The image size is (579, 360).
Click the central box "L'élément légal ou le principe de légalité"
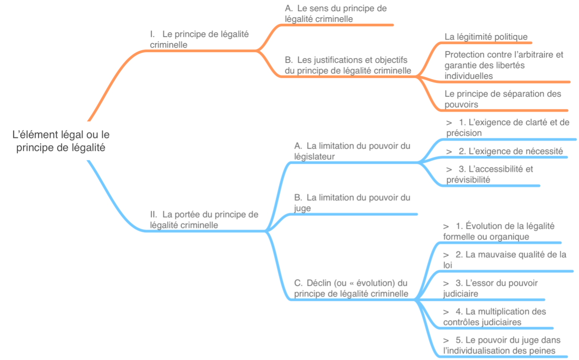(x=61, y=141)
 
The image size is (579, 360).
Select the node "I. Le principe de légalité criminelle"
(x=199, y=40)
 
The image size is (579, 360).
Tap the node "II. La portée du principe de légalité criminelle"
(x=204, y=220)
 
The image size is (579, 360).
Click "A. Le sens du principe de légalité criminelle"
(x=336, y=14)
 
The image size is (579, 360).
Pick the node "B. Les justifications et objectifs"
(x=348, y=65)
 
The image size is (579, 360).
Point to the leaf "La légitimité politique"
(x=486, y=37)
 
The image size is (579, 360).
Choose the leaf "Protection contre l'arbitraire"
(x=504, y=65)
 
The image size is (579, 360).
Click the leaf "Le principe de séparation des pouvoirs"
(x=503, y=99)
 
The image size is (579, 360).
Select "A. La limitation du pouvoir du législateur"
(x=352, y=151)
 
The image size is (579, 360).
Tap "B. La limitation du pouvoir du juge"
(x=352, y=202)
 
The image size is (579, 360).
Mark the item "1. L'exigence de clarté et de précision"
(x=507, y=127)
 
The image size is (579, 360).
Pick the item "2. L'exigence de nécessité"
(x=504, y=151)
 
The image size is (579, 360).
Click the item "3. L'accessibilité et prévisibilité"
(x=489, y=174)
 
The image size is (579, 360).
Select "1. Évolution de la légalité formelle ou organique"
(x=498, y=231)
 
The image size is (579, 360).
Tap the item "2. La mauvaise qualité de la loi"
(x=504, y=260)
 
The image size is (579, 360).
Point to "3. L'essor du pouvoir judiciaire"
(x=490, y=288)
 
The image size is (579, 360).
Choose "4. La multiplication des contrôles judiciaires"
(x=494, y=316)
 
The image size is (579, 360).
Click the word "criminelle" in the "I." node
(x=168, y=45)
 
